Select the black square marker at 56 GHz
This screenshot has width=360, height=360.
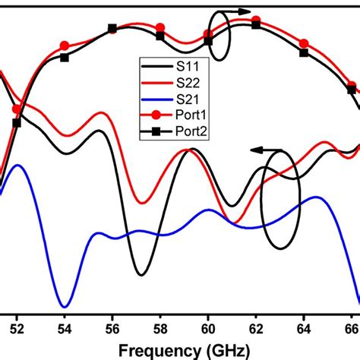(x=112, y=29)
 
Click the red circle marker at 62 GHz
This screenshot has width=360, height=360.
(x=256, y=21)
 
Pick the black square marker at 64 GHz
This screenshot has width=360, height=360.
(x=304, y=53)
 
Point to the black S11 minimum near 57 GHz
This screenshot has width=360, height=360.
(x=140, y=273)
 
